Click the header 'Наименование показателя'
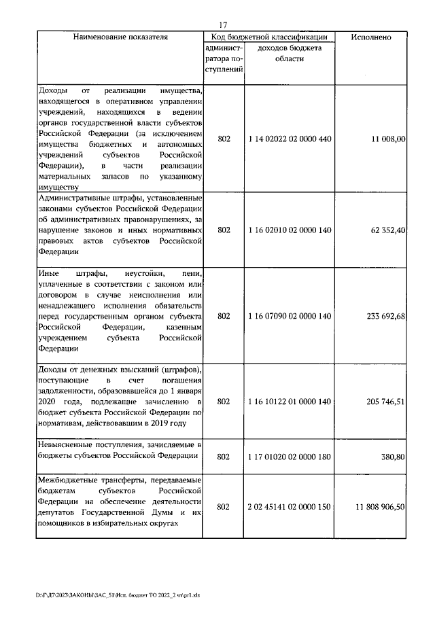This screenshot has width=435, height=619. click(x=120, y=37)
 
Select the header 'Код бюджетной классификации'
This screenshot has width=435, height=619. click(x=269, y=37)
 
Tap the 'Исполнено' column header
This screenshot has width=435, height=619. click(x=370, y=37)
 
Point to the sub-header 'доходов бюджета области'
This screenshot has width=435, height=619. click(x=290, y=54)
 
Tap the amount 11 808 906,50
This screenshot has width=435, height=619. click(x=380, y=507)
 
